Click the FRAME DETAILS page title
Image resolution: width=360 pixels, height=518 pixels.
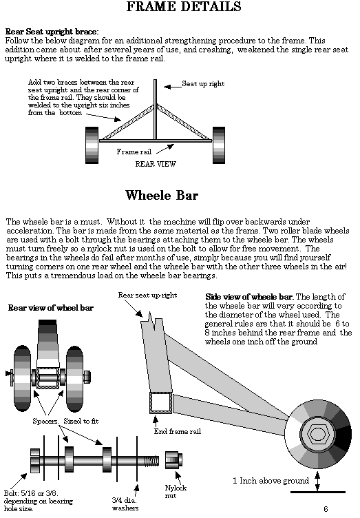coord(184,7)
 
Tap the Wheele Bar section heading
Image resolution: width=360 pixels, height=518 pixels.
coord(162,195)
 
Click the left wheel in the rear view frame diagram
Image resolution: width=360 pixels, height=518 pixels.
coord(92,145)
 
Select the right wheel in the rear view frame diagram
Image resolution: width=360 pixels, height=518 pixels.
coord(219,145)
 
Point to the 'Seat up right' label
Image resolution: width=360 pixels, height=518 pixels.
coord(203,84)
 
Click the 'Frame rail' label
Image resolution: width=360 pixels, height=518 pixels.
coord(134,152)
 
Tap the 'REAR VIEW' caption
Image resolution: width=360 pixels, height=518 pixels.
coord(156,164)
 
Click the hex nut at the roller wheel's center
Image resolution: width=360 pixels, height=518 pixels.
coord(316,433)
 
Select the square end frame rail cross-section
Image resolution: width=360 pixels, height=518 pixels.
coord(161,402)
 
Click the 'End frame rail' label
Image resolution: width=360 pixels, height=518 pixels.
coord(177,431)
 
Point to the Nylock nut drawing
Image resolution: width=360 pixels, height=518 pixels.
coord(173,460)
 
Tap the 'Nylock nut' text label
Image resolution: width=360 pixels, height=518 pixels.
coord(176,491)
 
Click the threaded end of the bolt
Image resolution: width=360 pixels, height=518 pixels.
coord(152,460)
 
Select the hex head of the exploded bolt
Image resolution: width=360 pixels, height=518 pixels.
coord(35,461)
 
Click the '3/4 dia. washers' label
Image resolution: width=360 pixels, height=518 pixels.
coord(125,504)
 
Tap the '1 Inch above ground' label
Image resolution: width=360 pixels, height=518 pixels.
coord(271,481)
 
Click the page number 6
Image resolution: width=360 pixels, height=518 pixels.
coord(326,509)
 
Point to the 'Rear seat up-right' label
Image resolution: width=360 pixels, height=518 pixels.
coord(147,295)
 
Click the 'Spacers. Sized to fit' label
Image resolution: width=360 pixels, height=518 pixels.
coord(65,421)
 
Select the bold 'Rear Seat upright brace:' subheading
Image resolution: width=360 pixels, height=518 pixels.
coord(52,32)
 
